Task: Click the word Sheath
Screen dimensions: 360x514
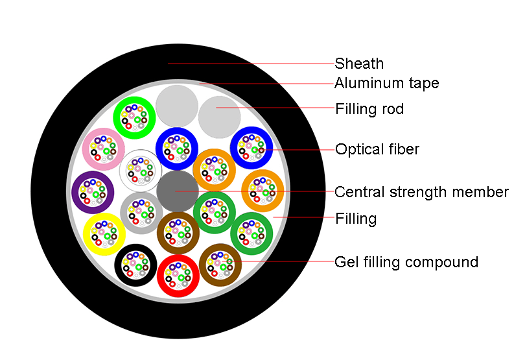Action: coord(359,64)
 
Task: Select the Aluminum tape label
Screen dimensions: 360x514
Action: coord(386,83)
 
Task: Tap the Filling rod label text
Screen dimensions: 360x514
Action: coord(369,109)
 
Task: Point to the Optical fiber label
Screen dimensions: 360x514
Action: coord(377,150)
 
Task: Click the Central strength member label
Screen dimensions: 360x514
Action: coord(421,192)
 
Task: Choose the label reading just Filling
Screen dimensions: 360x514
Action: coord(355,219)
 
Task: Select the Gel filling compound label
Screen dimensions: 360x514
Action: coord(406,262)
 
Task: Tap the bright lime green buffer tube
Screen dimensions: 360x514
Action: coord(134,117)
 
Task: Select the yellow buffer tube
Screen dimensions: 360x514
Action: coord(104,234)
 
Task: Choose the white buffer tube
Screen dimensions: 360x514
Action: coord(140,169)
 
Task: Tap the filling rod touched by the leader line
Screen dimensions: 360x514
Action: coord(219,115)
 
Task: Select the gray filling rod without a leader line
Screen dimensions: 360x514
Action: coord(177,104)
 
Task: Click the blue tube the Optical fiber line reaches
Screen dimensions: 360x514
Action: coord(251,147)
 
